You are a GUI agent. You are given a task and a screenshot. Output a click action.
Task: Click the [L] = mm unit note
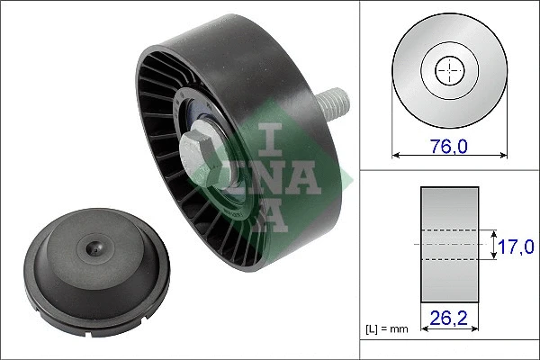[x=387, y=329]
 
